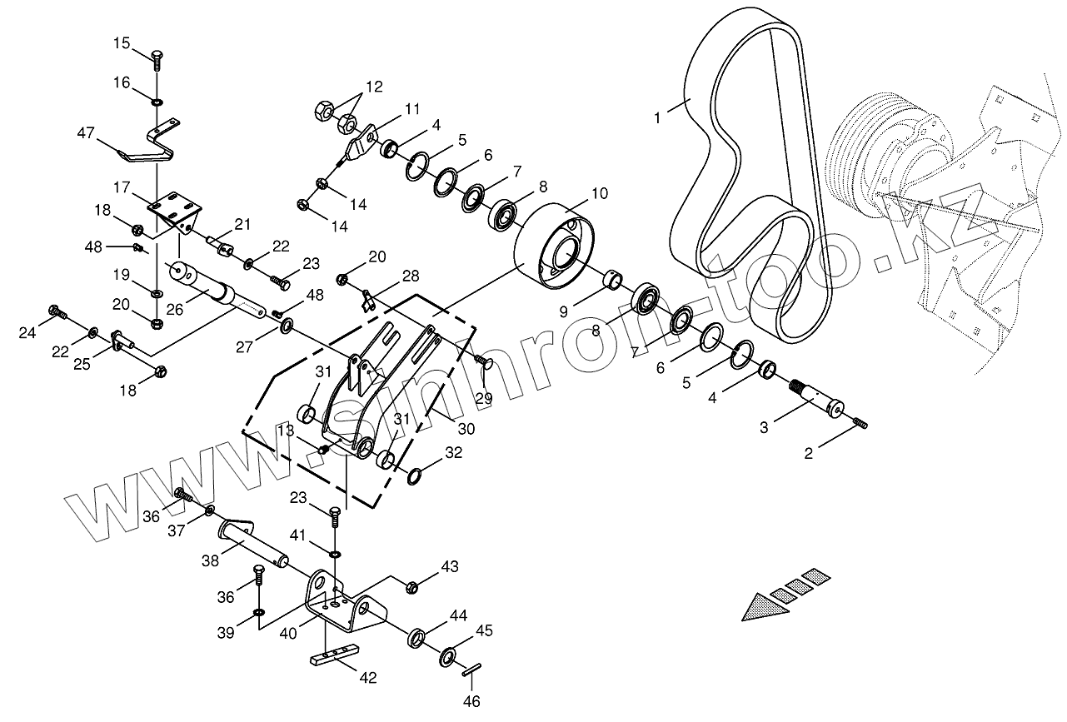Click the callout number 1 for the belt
(x=657, y=117)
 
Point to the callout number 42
(x=368, y=678)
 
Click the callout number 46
(x=472, y=702)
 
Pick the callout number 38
(x=211, y=560)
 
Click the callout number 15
(x=122, y=43)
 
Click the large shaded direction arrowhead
(x=765, y=605)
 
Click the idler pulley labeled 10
(x=556, y=243)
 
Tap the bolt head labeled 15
(x=157, y=58)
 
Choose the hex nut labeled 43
(x=411, y=588)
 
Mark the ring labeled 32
(x=414, y=477)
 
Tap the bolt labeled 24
(x=57, y=312)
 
